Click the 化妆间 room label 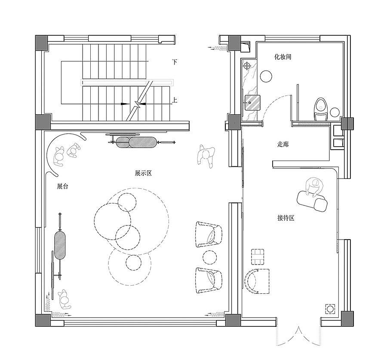click(x=283, y=57)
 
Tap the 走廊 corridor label click(x=283, y=144)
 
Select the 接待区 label click(x=286, y=218)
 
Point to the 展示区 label click(x=143, y=173)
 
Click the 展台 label click(x=62, y=186)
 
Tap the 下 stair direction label click(x=175, y=62)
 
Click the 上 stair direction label click(x=175, y=100)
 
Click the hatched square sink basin click(x=252, y=102)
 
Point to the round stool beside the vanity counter click(x=266, y=76)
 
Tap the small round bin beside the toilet click(x=335, y=112)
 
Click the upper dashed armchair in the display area click(x=209, y=234)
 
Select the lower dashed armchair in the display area click(x=209, y=280)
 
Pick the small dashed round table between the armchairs click(x=209, y=257)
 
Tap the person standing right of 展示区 click(x=206, y=156)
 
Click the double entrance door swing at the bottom click(x=299, y=336)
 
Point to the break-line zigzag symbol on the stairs click(x=137, y=104)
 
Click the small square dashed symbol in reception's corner click(x=330, y=309)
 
